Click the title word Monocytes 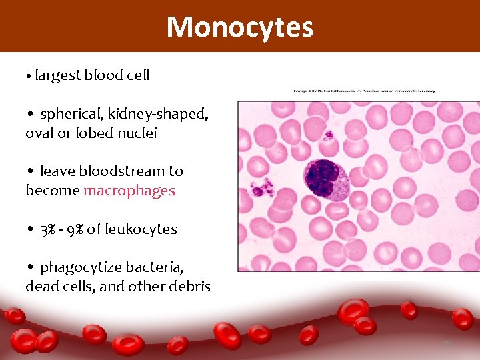(x=239, y=27)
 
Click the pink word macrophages (x=129, y=191)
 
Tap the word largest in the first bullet (x=58, y=75)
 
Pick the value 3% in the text (x=47, y=229)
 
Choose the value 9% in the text (x=74, y=229)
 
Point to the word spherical (x=71, y=114)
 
